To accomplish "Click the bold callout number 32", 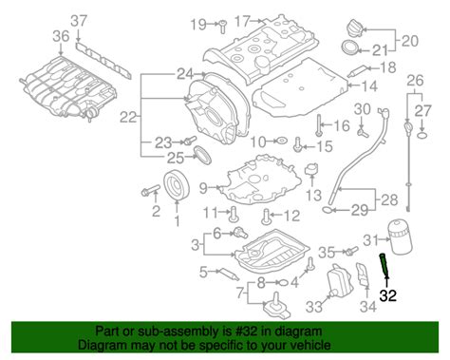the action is [387, 295].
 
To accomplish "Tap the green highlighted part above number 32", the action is [384, 265].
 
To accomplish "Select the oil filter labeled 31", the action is [400, 237].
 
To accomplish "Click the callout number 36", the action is [61, 36].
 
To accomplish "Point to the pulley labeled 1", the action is [177, 186].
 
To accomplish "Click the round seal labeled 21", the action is [351, 48].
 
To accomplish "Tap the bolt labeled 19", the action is [223, 27].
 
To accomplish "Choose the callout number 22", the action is [128, 118].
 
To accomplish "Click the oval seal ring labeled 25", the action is [202, 155].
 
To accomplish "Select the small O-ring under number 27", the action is [422, 137].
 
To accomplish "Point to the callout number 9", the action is [203, 189].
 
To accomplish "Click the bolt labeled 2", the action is [151, 191].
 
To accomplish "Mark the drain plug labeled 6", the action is [240, 233].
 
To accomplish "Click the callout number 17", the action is [242, 21].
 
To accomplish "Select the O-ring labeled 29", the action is [328, 209].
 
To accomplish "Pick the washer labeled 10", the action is [281, 141].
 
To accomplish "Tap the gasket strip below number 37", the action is [103, 60].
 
